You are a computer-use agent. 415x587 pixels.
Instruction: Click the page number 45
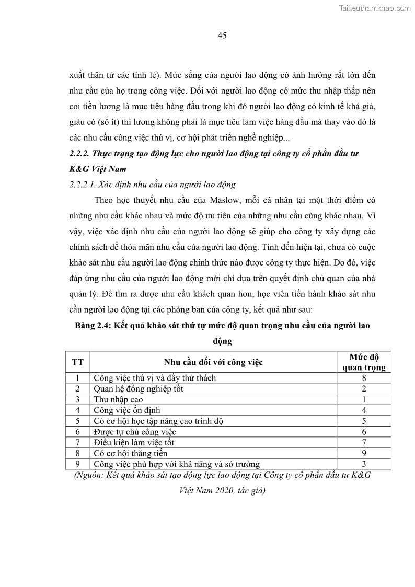[221, 36]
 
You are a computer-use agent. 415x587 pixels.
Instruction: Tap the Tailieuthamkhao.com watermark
[375, 8]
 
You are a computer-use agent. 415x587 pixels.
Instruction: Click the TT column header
[77, 361]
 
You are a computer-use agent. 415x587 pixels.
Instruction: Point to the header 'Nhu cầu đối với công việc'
[213, 361]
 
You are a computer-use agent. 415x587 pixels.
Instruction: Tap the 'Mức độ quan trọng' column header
[364, 362]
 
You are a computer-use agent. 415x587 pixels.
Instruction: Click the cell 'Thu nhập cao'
[118, 399]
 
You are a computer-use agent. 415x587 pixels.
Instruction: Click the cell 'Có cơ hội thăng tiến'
[131, 453]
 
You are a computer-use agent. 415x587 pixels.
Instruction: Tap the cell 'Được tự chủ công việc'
[135, 432]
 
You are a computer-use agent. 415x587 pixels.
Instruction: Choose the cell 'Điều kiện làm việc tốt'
[134, 443]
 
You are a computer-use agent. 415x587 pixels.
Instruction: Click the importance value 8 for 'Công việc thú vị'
[364, 377]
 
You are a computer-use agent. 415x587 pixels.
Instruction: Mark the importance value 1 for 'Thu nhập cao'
[364, 399]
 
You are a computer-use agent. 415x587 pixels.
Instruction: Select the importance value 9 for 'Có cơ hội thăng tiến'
[364, 453]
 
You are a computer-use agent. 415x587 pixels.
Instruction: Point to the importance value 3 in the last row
[364, 464]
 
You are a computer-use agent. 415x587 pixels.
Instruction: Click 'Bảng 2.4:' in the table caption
[94, 326]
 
